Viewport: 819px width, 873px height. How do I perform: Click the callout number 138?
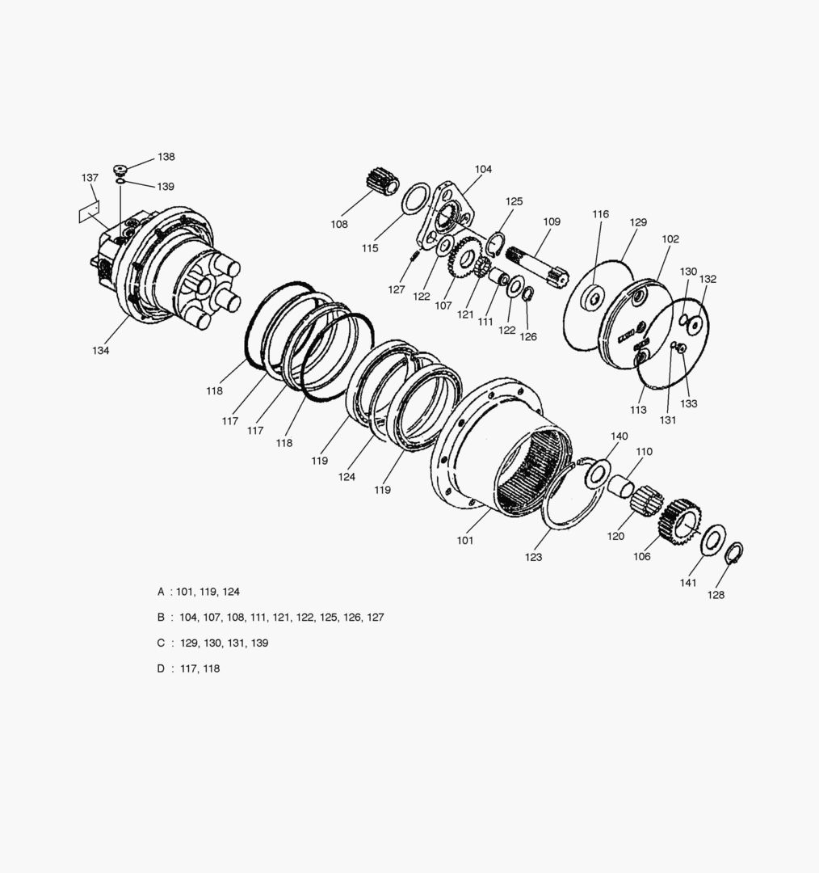coord(166,157)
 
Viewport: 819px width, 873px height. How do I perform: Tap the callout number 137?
coord(90,178)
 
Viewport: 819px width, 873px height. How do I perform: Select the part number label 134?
coord(101,351)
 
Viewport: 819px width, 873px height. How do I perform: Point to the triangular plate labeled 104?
coord(445,214)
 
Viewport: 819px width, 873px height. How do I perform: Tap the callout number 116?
coord(600,214)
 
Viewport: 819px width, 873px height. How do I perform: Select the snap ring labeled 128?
coord(734,552)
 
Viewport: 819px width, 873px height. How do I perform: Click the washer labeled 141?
coord(712,539)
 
